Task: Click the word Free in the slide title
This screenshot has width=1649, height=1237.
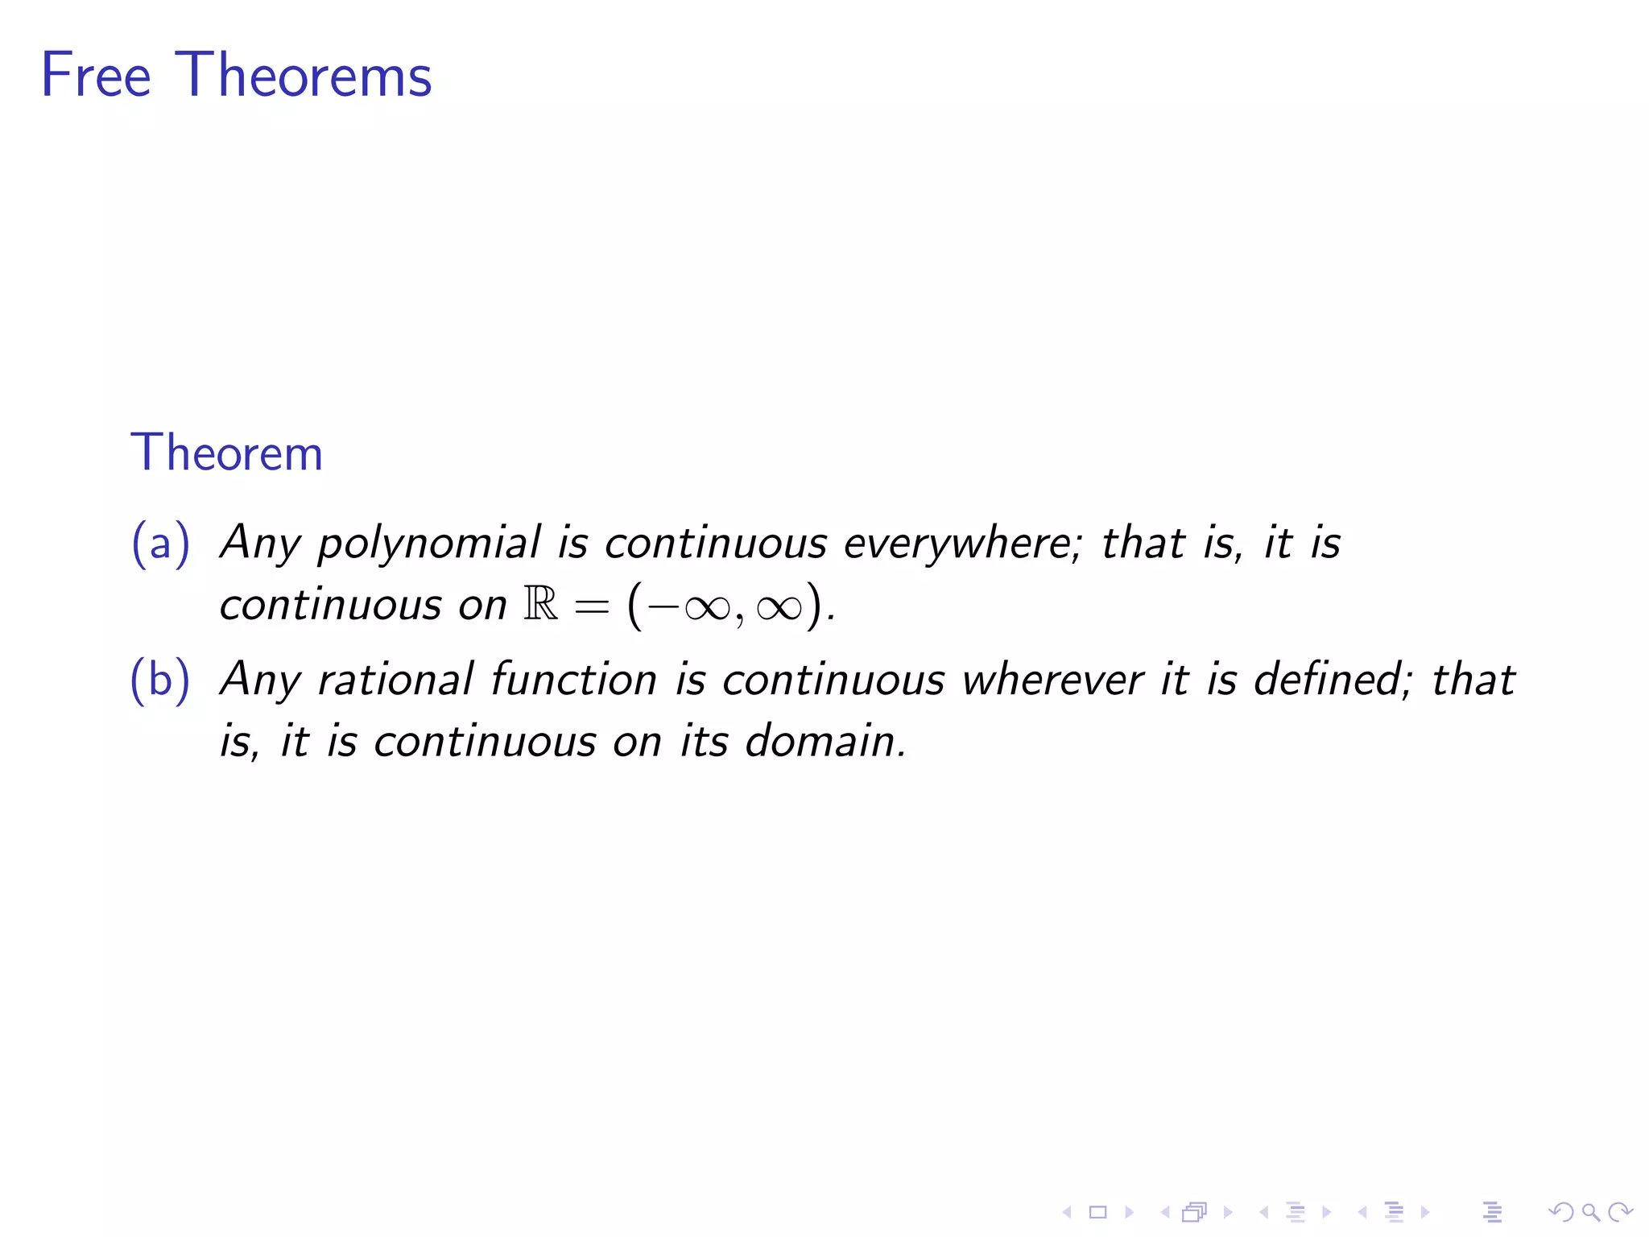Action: point(96,75)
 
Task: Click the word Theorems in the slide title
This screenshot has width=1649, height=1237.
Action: point(303,75)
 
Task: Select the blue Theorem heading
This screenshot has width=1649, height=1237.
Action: point(226,453)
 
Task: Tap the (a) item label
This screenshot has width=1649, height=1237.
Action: point(160,542)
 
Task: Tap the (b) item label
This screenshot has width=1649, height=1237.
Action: point(160,679)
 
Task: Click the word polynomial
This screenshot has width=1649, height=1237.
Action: point(429,544)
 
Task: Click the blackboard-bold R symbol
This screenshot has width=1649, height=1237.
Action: point(540,603)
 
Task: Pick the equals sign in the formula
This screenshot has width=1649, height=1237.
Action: point(591,606)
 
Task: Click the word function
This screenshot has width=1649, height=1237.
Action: point(573,679)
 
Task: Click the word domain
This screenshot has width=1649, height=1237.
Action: point(824,741)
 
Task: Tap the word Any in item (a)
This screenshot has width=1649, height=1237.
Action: point(260,544)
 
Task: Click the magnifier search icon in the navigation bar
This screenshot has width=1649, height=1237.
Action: point(1590,1212)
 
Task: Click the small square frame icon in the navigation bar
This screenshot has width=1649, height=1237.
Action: point(1097,1212)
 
